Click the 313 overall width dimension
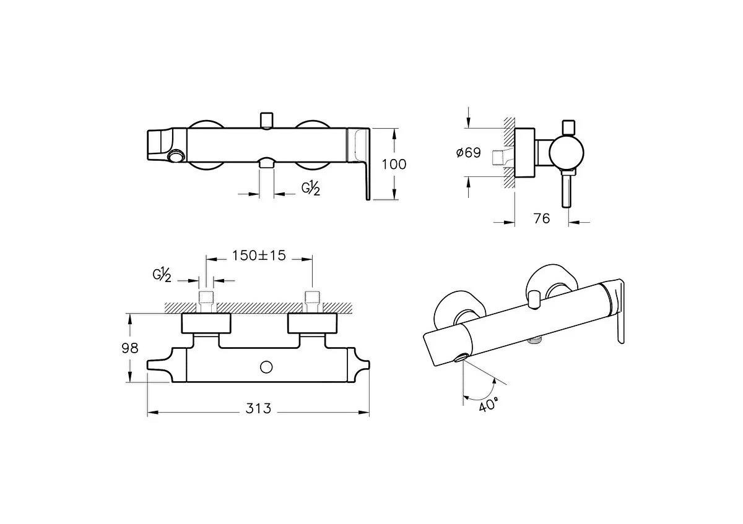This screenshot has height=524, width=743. pyautogui.click(x=258, y=408)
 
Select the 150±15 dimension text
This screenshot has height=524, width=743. pyautogui.click(x=259, y=256)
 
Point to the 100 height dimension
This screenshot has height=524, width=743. pyautogui.click(x=394, y=164)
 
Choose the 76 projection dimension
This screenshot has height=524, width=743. pyautogui.click(x=541, y=218)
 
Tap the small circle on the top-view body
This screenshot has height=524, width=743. pyautogui.click(x=266, y=367)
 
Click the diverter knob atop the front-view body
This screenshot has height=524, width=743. pyautogui.click(x=267, y=119)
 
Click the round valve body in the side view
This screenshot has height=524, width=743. pyautogui.click(x=565, y=153)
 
